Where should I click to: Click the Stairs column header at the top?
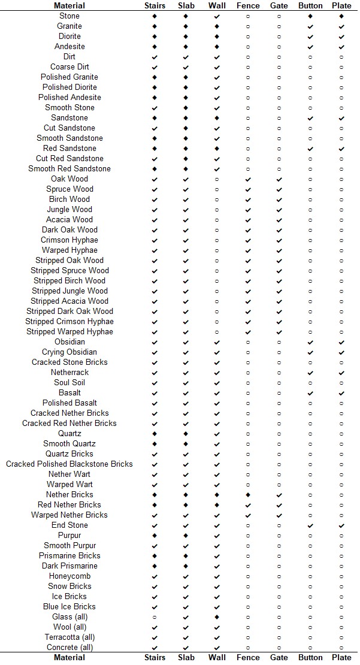click(x=155, y=5)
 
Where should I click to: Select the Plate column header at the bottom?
click(x=341, y=657)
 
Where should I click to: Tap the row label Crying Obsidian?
click(x=69, y=352)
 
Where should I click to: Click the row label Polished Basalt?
click(x=69, y=403)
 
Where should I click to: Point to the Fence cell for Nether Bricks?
click(x=248, y=495)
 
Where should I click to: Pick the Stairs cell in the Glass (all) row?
click(x=155, y=617)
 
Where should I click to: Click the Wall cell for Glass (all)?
click(x=217, y=617)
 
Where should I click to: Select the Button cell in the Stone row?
click(x=310, y=16)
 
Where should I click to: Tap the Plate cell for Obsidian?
click(x=341, y=342)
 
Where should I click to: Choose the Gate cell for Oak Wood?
click(x=279, y=179)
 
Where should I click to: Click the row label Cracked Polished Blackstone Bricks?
click(x=69, y=464)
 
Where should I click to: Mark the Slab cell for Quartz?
click(x=186, y=434)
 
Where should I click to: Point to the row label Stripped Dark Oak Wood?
click(x=69, y=312)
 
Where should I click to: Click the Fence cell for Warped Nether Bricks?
click(x=248, y=515)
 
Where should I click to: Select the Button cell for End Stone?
click(x=310, y=525)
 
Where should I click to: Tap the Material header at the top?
click(x=69, y=5)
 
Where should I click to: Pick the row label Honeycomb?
click(x=69, y=576)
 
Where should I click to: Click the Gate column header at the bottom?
click(x=279, y=657)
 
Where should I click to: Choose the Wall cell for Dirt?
click(x=217, y=57)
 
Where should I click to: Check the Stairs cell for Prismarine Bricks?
click(x=155, y=556)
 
